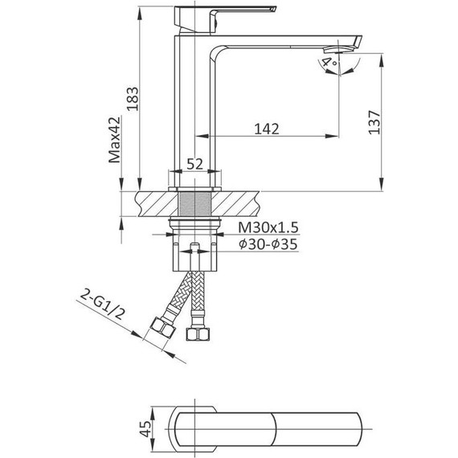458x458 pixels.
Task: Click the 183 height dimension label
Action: pos(133,99)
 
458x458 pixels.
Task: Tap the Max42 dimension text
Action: pos(114,140)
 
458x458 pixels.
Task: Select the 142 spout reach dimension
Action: pos(267,129)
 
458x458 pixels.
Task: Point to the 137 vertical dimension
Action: pos(374,122)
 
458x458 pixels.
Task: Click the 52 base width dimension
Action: pos(194,164)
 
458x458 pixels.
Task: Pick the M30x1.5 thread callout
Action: pos(268,227)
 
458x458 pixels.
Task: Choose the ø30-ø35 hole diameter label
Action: pos(268,244)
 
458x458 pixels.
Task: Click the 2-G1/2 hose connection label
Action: pos(103,309)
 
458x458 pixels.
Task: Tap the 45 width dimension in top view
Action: pos(145,429)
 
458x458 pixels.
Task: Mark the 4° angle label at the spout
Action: pos(329,63)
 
